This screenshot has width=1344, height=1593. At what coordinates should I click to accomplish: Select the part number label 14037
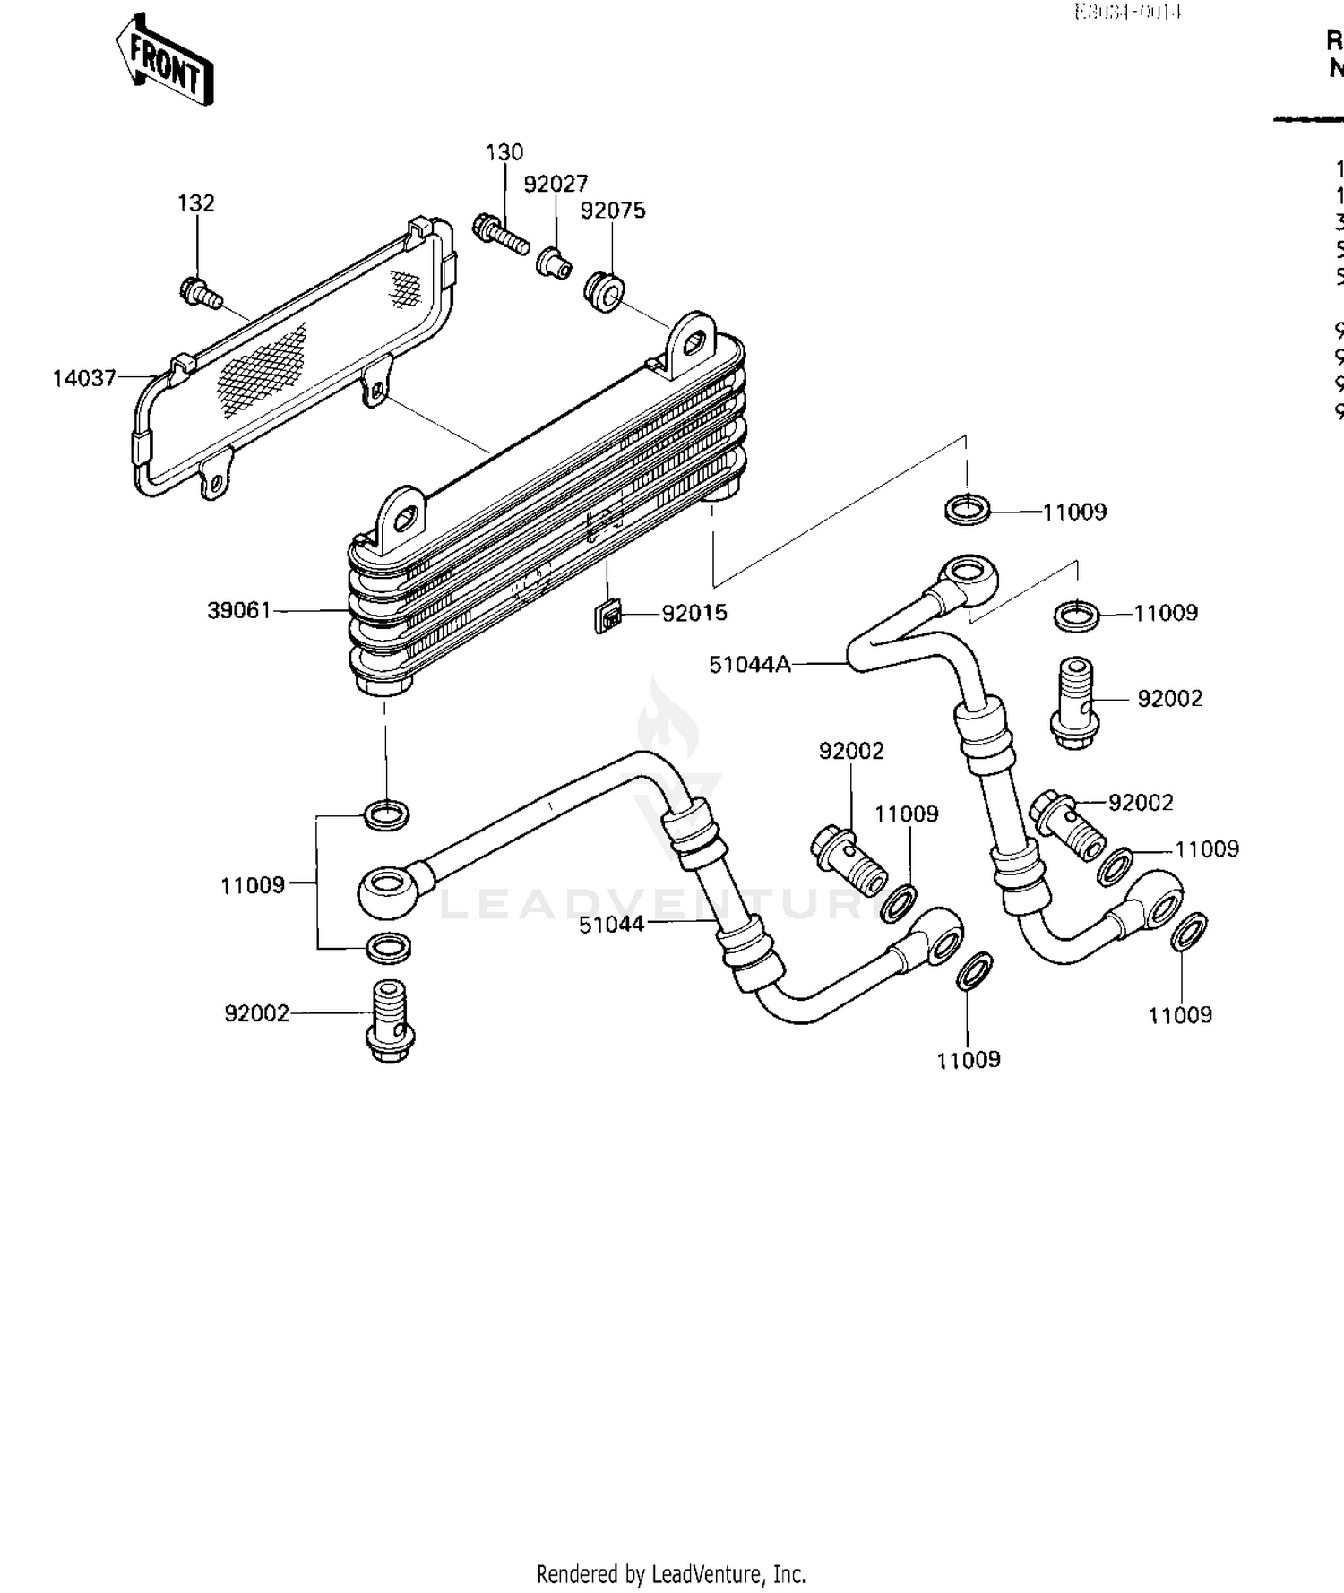[x=84, y=378]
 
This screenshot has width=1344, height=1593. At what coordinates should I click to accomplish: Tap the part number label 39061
[x=238, y=611]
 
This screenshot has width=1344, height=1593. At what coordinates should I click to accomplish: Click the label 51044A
[x=750, y=665]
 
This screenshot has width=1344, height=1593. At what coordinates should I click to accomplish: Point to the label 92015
[x=694, y=614]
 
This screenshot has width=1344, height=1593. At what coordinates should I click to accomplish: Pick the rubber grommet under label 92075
[x=605, y=292]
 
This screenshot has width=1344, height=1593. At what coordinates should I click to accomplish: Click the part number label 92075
[x=613, y=211]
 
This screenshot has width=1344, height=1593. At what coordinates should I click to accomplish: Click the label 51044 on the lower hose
[x=611, y=925]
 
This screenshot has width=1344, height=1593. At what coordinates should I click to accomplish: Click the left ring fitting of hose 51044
[x=387, y=889]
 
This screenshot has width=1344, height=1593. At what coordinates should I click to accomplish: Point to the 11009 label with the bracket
[x=253, y=886]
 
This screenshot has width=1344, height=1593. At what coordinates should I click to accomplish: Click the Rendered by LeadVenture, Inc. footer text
[x=671, y=1574]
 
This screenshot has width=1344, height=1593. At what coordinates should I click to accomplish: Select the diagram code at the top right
[x=1128, y=12]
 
